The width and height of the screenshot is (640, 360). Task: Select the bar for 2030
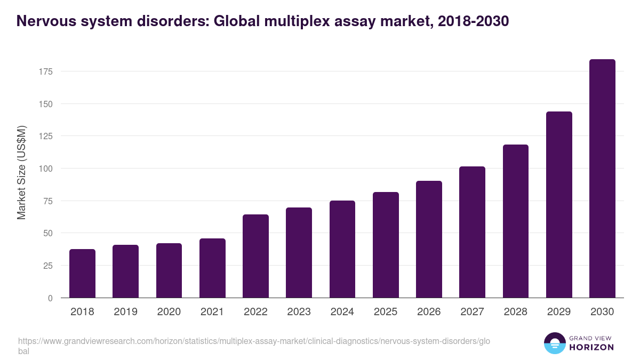[602, 179]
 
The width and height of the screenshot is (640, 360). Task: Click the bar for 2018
[82, 274]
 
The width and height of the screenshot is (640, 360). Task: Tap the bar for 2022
[255, 256]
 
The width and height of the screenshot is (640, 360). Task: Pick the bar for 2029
[559, 205]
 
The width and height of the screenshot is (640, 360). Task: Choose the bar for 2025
[386, 245]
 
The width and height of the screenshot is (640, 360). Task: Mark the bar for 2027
[472, 232]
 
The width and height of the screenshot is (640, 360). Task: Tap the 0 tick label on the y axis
[50, 298]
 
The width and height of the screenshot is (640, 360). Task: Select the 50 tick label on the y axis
[48, 233]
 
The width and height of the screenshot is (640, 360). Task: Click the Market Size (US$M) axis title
[21, 172]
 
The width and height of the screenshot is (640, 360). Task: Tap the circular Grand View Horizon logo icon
[554, 343]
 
